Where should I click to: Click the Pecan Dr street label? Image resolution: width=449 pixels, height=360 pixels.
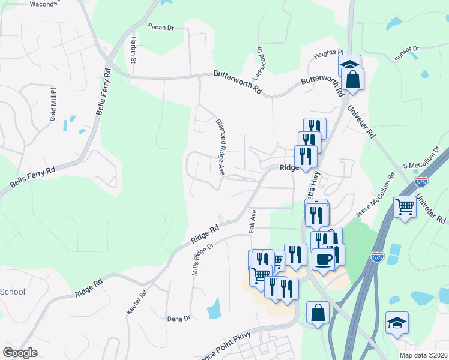[x=161, y=27]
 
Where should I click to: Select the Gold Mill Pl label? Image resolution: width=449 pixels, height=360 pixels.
[x=53, y=105]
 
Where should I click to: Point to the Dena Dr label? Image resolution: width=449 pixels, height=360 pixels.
[x=178, y=318]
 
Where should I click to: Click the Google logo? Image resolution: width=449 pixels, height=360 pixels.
[x=20, y=352]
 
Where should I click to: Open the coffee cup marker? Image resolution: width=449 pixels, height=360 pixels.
[x=324, y=259]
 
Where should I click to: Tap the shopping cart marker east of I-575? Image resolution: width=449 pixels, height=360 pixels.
[x=405, y=206]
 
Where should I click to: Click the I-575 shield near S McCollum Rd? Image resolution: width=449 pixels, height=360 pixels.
[x=421, y=181]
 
